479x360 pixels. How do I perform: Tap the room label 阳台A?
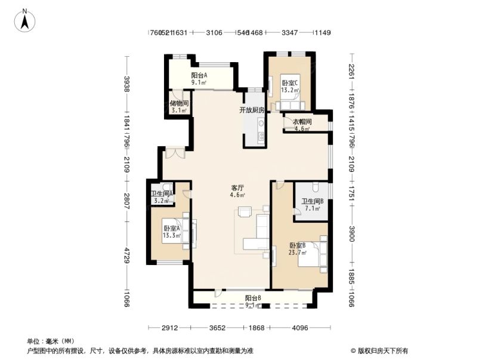click(x=199, y=75)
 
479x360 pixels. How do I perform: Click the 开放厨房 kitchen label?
click(x=251, y=110)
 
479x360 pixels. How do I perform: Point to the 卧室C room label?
click(x=291, y=83)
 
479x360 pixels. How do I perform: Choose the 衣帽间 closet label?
click(x=302, y=121)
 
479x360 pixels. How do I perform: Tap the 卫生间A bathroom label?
click(x=162, y=193)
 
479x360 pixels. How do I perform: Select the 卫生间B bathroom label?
click(x=312, y=202)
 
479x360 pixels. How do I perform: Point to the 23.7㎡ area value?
click(x=298, y=253)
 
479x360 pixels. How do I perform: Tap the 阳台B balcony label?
click(x=252, y=298)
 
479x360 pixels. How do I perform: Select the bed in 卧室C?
click(x=292, y=99)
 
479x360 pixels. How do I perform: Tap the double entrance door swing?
click(x=175, y=153)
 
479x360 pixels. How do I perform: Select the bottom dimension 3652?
click(x=218, y=327)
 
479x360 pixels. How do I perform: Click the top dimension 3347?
click(x=290, y=33)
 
